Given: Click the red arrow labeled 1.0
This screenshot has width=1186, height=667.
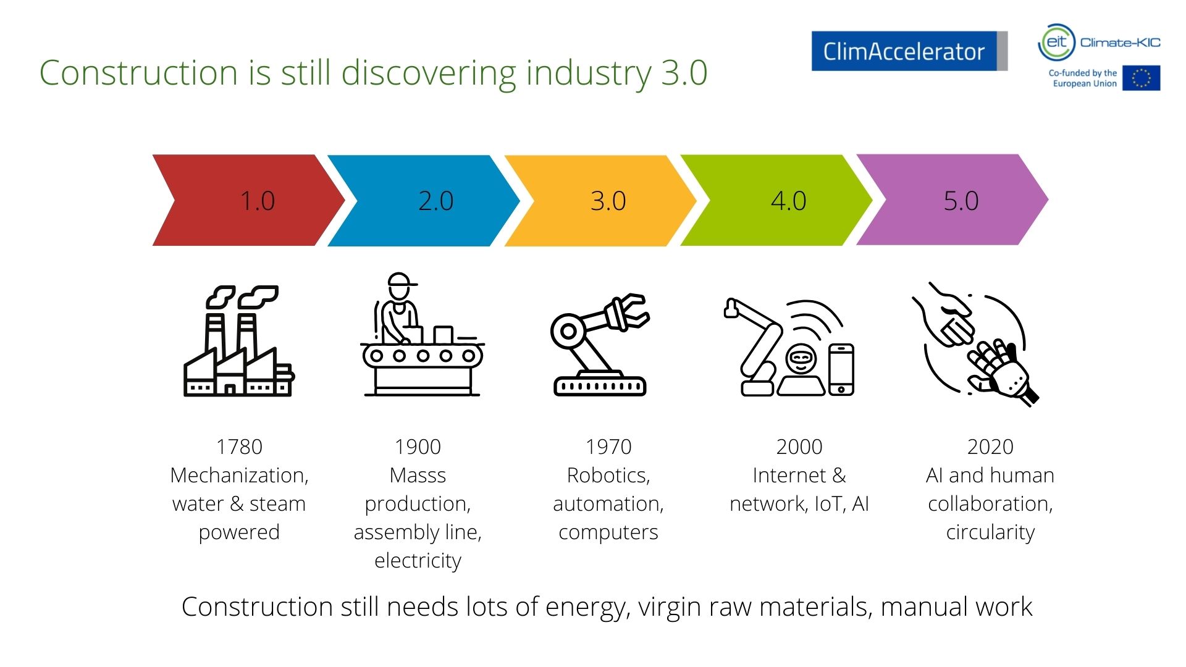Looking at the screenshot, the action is tap(247, 200).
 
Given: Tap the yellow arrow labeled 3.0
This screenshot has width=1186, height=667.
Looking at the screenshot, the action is tap(602, 200).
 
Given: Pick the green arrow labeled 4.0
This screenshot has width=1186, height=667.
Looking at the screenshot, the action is tap(778, 200).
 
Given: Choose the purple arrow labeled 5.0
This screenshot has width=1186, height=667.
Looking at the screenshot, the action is tap(954, 200).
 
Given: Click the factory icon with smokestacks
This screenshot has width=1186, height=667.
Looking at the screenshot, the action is tap(239, 340).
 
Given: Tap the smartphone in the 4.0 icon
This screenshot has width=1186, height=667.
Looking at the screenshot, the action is tap(841, 369).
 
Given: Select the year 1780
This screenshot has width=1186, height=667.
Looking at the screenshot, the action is tap(239, 447).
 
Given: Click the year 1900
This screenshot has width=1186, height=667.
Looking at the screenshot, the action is tap(418, 447).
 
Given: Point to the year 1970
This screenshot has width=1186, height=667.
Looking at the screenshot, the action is tap(608, 447).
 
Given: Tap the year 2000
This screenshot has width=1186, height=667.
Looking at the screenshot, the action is tap(799, 447).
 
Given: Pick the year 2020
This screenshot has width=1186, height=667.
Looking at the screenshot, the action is tap(990, 447).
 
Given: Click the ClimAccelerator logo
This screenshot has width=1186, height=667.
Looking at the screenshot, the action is tap(909, 51).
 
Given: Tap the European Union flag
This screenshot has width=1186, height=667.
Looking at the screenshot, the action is tap(1142, 78).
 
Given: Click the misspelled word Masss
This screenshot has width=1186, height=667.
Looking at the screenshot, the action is tap(418, 475).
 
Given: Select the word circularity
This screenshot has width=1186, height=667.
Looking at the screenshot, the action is tap(990, 532).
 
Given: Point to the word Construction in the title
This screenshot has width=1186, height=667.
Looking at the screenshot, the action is tap(139, 73).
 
